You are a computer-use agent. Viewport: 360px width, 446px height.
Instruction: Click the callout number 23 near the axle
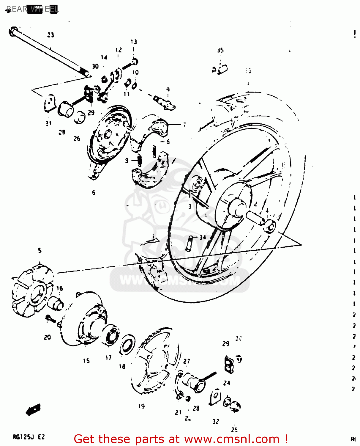pyautogui.click(x=50, y=35)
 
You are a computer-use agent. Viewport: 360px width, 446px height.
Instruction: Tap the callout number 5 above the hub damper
pyautogui.click(x=40, y=251)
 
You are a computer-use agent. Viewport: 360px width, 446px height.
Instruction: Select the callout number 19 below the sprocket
pyautogui.click(x=141, y=406)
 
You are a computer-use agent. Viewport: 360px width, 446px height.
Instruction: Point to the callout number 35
pyautogui.click(x=220, y=50)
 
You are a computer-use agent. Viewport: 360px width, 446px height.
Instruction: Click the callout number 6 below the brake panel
pyautogui.click(x=94, y=193)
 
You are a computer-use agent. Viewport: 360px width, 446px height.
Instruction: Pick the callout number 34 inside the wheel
pyautogui.click(x=203, y=237)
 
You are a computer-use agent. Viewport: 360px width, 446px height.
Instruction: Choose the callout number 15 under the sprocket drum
pyautogui.click(x=86, y=361)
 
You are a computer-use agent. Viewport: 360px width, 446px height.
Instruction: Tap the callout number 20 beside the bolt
pyautogui.click(x=48, y=337)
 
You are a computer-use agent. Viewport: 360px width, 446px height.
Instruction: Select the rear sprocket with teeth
pyautogui.click(x=154, y=361)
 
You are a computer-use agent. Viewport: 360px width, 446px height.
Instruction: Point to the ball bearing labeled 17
pyautogui.click(x=112, y=335)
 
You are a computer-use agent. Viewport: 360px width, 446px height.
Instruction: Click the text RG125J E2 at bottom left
pyautogui.click(x=29, y=437)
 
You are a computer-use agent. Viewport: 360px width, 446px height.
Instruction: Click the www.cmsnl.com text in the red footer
pyautogui.click(x=232, y=439)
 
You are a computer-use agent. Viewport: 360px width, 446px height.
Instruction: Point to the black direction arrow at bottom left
pyautogui.click(x=33, y=410)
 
